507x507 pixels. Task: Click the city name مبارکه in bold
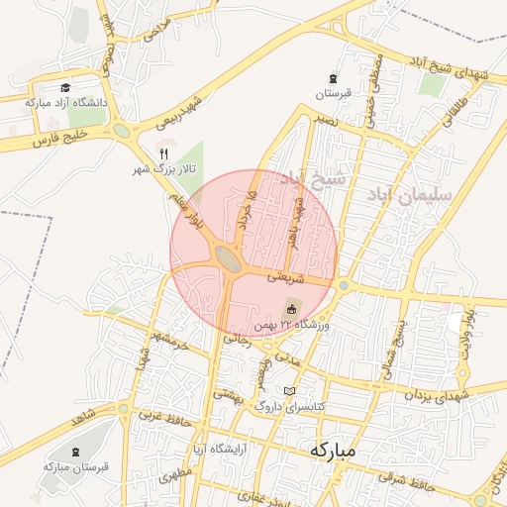(x=332, y=449)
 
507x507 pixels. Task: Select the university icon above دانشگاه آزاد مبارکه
(x=65, y=87)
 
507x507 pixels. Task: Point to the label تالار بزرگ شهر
(x=166, y=169)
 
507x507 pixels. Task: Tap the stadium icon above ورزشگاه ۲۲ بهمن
(x=291, y=307)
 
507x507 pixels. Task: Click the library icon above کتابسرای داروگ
(x=290, y=390)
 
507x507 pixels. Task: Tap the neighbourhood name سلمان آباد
(x=408, y=195)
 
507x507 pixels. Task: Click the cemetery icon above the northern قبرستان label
(x=332, y=78)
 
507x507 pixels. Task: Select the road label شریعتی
(x=282, y=275)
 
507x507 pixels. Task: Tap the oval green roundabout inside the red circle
(x=228, y=261)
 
